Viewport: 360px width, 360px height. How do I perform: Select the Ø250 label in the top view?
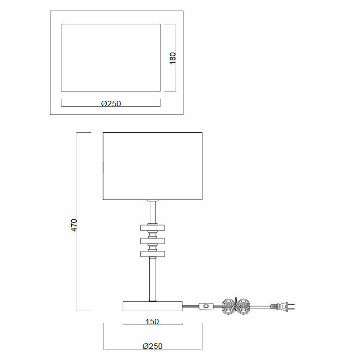(x=111, y=104)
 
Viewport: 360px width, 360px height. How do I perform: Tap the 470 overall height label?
(x=74, y=225)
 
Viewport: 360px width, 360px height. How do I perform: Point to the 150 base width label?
(x=152, y=321)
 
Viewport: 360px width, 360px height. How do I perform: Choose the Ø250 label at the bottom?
(x=152, y=346)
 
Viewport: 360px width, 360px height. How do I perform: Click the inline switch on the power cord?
(x=206, y=307)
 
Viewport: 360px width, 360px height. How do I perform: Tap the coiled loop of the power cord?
(x=236, y=307)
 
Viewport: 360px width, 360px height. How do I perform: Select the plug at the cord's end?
(x=284, y=307)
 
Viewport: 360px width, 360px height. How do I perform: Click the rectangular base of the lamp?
(x=152, y=306)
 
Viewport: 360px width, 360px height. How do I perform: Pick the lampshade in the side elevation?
(x=152, y=166)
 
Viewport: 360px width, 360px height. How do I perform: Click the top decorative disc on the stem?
(x=152, y=227)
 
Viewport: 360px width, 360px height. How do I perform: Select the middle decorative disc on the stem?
(x=152, y=241)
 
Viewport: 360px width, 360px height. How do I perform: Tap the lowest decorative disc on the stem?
(x=152, y=254)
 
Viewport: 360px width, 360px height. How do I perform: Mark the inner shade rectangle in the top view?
(x=110, y=57)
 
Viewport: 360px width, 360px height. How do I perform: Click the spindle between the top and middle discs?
(x=152, y=234)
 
